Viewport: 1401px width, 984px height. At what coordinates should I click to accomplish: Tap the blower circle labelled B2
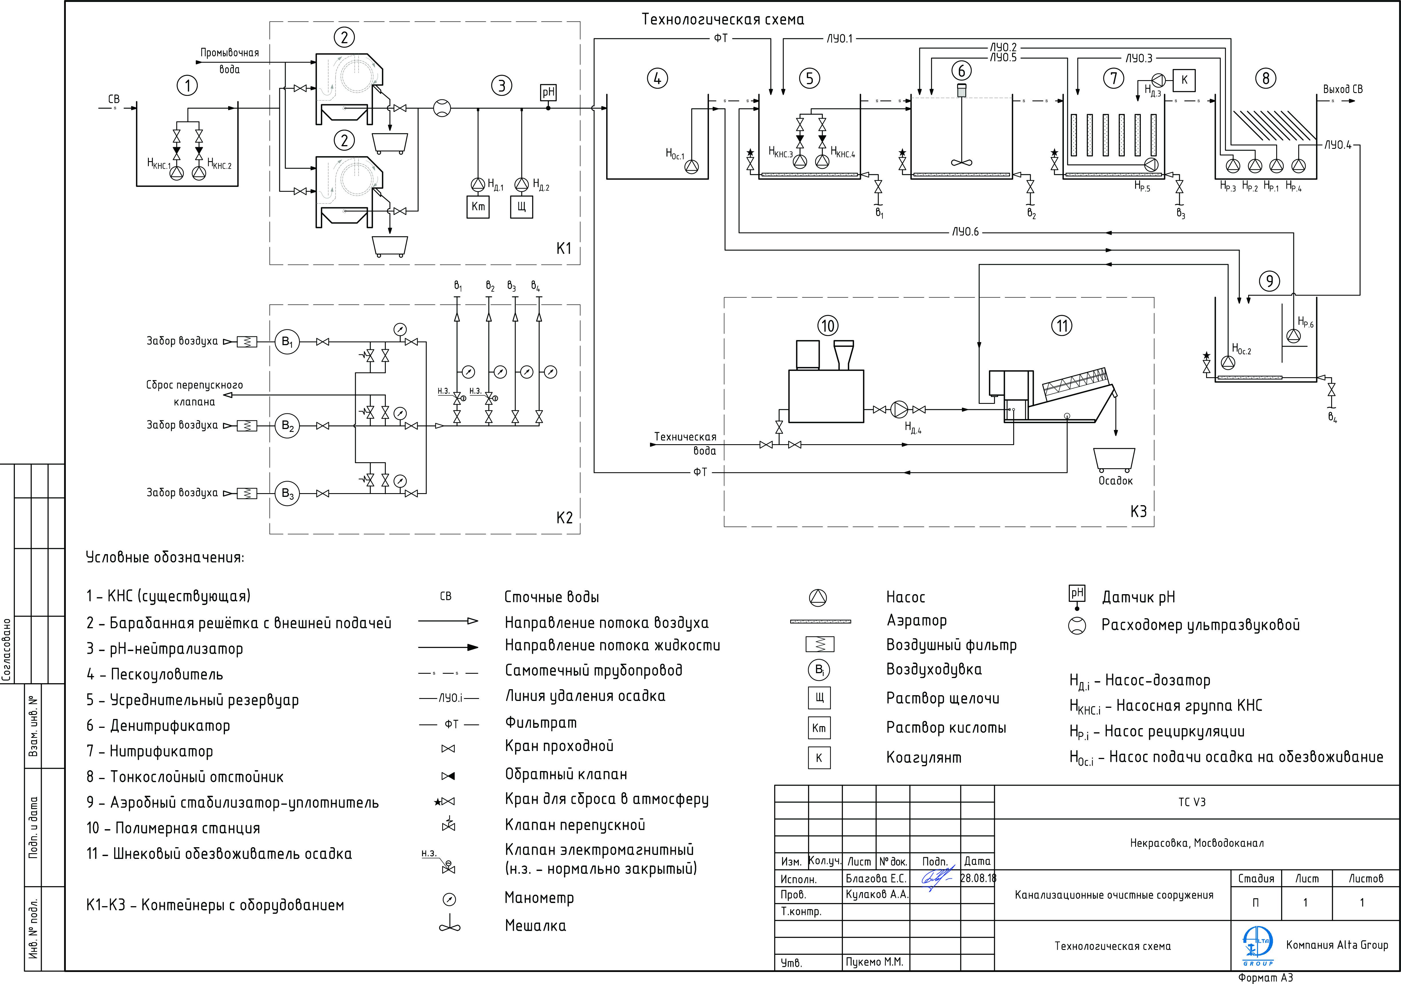click(287, 426)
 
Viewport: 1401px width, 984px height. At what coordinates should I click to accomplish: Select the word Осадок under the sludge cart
click(1115, 481)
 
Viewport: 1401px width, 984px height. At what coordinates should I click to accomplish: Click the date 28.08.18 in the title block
click(978, 878)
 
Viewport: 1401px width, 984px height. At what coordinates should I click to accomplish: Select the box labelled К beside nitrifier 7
click(1184, 80)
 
